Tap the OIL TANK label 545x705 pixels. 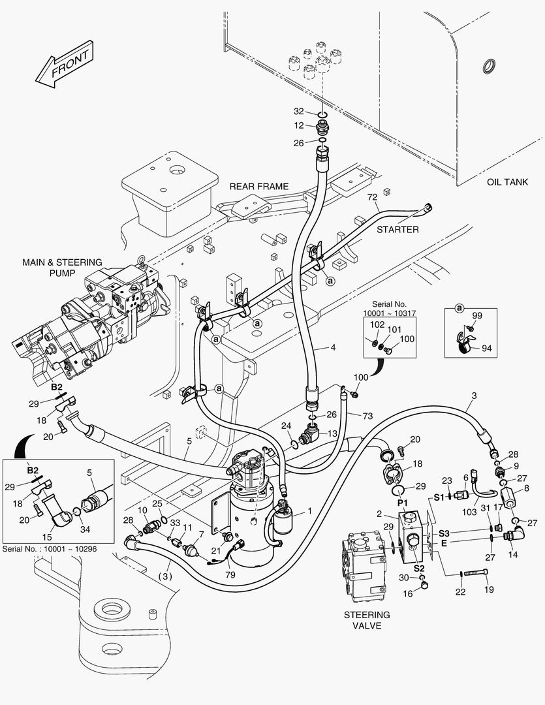507,182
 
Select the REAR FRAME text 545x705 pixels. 258,186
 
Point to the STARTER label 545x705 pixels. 397,229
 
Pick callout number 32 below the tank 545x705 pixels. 298,111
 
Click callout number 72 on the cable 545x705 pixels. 372,197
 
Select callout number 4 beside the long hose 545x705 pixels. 333,348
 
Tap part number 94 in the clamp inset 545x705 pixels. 486,348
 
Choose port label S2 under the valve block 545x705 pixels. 419,568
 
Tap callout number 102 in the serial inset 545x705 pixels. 377,324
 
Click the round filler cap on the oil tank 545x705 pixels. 486,66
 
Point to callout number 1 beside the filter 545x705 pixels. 309,511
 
